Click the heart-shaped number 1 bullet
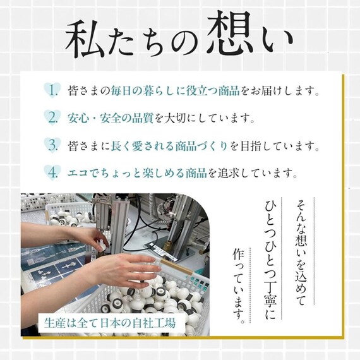point(54,90)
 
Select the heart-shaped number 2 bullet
point(54,117)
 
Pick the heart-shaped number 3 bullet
point(54,145)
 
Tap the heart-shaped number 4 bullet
point(54,171)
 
